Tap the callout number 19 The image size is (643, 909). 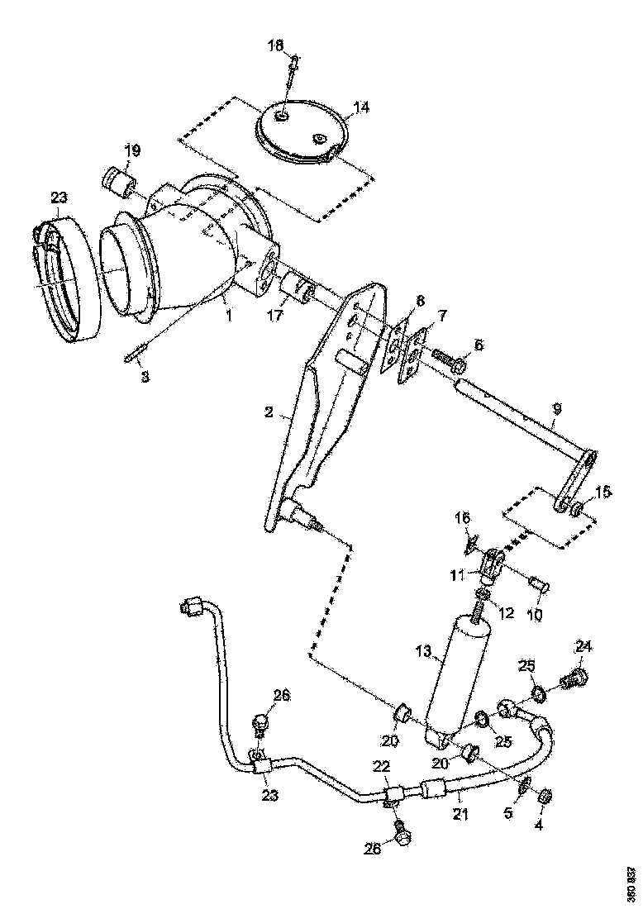click(132, 150)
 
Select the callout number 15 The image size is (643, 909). click(603, 492)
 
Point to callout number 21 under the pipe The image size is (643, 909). click(460, 815)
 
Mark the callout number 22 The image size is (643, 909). click(381, 768)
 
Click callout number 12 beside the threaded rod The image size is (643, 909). click(507, 613)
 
